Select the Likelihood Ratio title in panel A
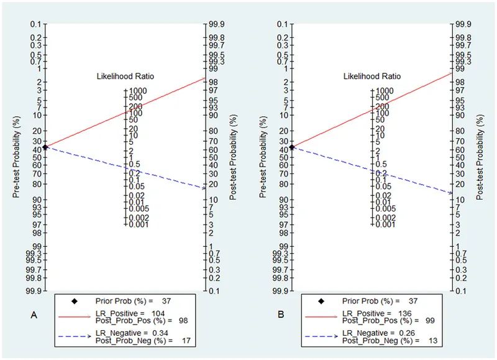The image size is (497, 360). (125, 76)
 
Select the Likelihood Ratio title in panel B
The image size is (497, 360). (372, 76)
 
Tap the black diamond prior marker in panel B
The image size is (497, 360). (293, 147)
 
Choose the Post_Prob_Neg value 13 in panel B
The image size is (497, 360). (430, 341)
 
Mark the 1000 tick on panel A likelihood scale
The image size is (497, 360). (139, 91)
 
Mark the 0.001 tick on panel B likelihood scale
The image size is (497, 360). (386, 224)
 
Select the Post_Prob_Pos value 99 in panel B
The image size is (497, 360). (430, 320)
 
